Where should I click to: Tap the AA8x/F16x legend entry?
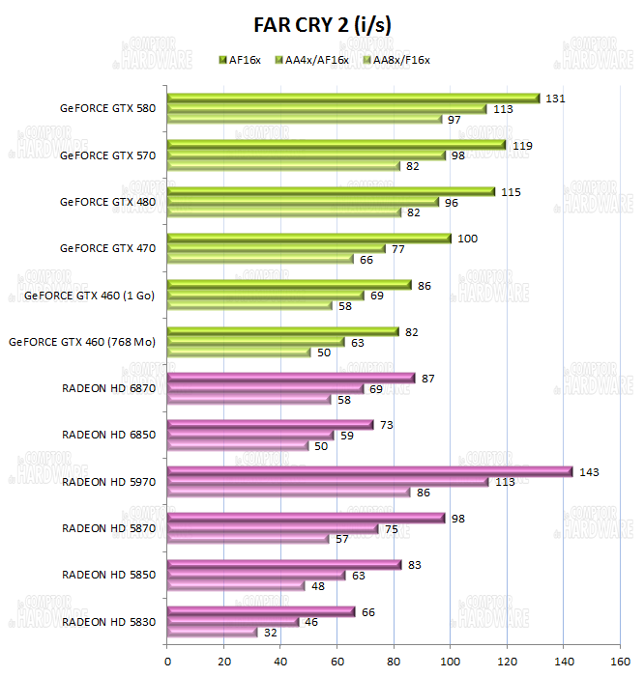[x=395, y=60]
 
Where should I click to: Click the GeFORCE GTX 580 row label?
[x=106, y=108]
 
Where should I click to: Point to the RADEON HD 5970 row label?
[x=108, y=481]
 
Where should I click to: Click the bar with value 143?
[x=369, y=471]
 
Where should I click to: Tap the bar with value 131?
[x=353, y=99]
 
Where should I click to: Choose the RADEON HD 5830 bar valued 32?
[x=213, y=633]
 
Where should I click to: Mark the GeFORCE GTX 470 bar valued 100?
[x=309, y=239]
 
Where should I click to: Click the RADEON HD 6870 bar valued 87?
[x=291, y=379]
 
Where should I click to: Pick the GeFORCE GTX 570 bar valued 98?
[x=307, y=155]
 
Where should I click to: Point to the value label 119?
[x=520, y=145]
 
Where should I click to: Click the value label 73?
[x=388, y=424]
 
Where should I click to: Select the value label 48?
[x=318, y=586]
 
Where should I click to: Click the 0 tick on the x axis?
[x=168, y=662]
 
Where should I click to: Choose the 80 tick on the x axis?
[x=394, y=662]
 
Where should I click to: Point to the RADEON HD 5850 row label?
[x=108, y=575]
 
